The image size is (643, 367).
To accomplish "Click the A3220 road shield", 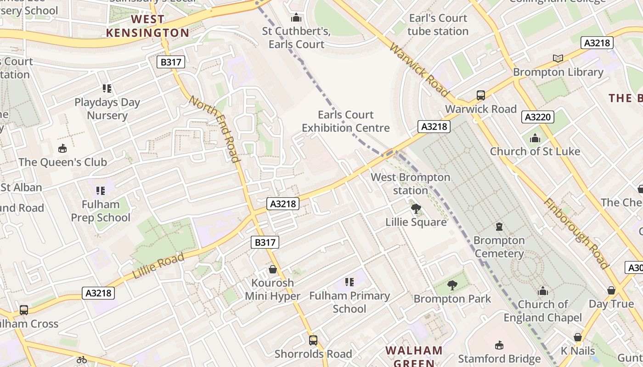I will pos(538,117).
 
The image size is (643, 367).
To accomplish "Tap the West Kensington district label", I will pos(147,26).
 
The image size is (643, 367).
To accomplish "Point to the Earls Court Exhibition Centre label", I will pos(345,121).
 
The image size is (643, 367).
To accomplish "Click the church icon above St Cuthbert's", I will pos(296,18).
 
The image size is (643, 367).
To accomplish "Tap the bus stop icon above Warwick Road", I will pos(481,95).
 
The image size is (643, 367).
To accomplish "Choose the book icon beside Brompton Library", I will pos(558,59).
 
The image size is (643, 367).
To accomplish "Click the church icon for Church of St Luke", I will pos(535,138).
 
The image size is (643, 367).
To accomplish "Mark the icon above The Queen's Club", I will pos(62,149).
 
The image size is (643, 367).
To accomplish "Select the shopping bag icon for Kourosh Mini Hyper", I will pos(273,269).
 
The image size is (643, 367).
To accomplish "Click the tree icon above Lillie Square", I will pos(416,209).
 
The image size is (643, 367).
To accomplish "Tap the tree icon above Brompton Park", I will pos(452,285).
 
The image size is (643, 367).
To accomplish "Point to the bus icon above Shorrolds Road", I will pos(313,340).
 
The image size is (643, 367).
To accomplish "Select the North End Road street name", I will pos(214,129).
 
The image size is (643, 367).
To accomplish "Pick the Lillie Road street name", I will pos(158,265).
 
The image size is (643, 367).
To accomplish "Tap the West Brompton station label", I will pos(411,183).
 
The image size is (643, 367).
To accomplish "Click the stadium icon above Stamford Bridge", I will pos(499,345).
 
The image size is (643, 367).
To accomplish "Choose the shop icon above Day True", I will pos(611,290).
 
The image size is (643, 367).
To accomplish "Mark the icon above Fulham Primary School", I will pos(350,282).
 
